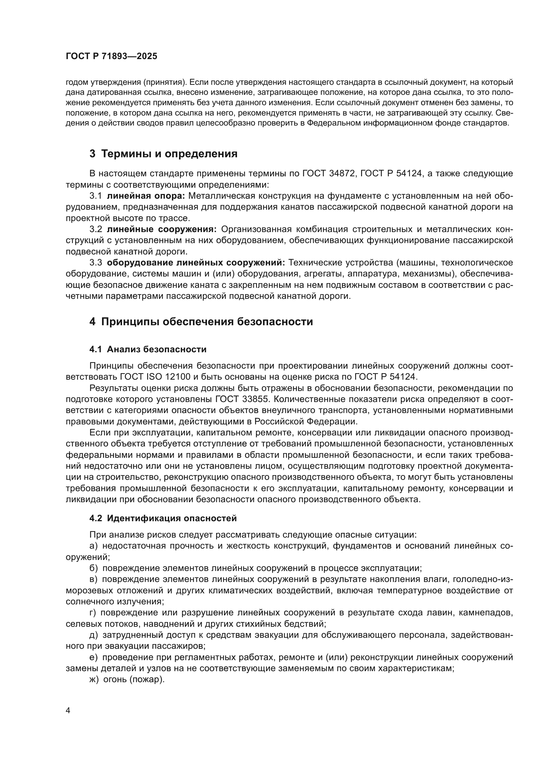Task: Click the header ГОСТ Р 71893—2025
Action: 111,56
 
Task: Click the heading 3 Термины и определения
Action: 163,154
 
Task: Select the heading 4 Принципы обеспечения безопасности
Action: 201,322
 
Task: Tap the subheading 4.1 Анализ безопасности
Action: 148,349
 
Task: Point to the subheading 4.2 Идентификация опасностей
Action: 163,519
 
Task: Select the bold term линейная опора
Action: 146,196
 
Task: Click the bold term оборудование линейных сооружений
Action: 196,262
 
